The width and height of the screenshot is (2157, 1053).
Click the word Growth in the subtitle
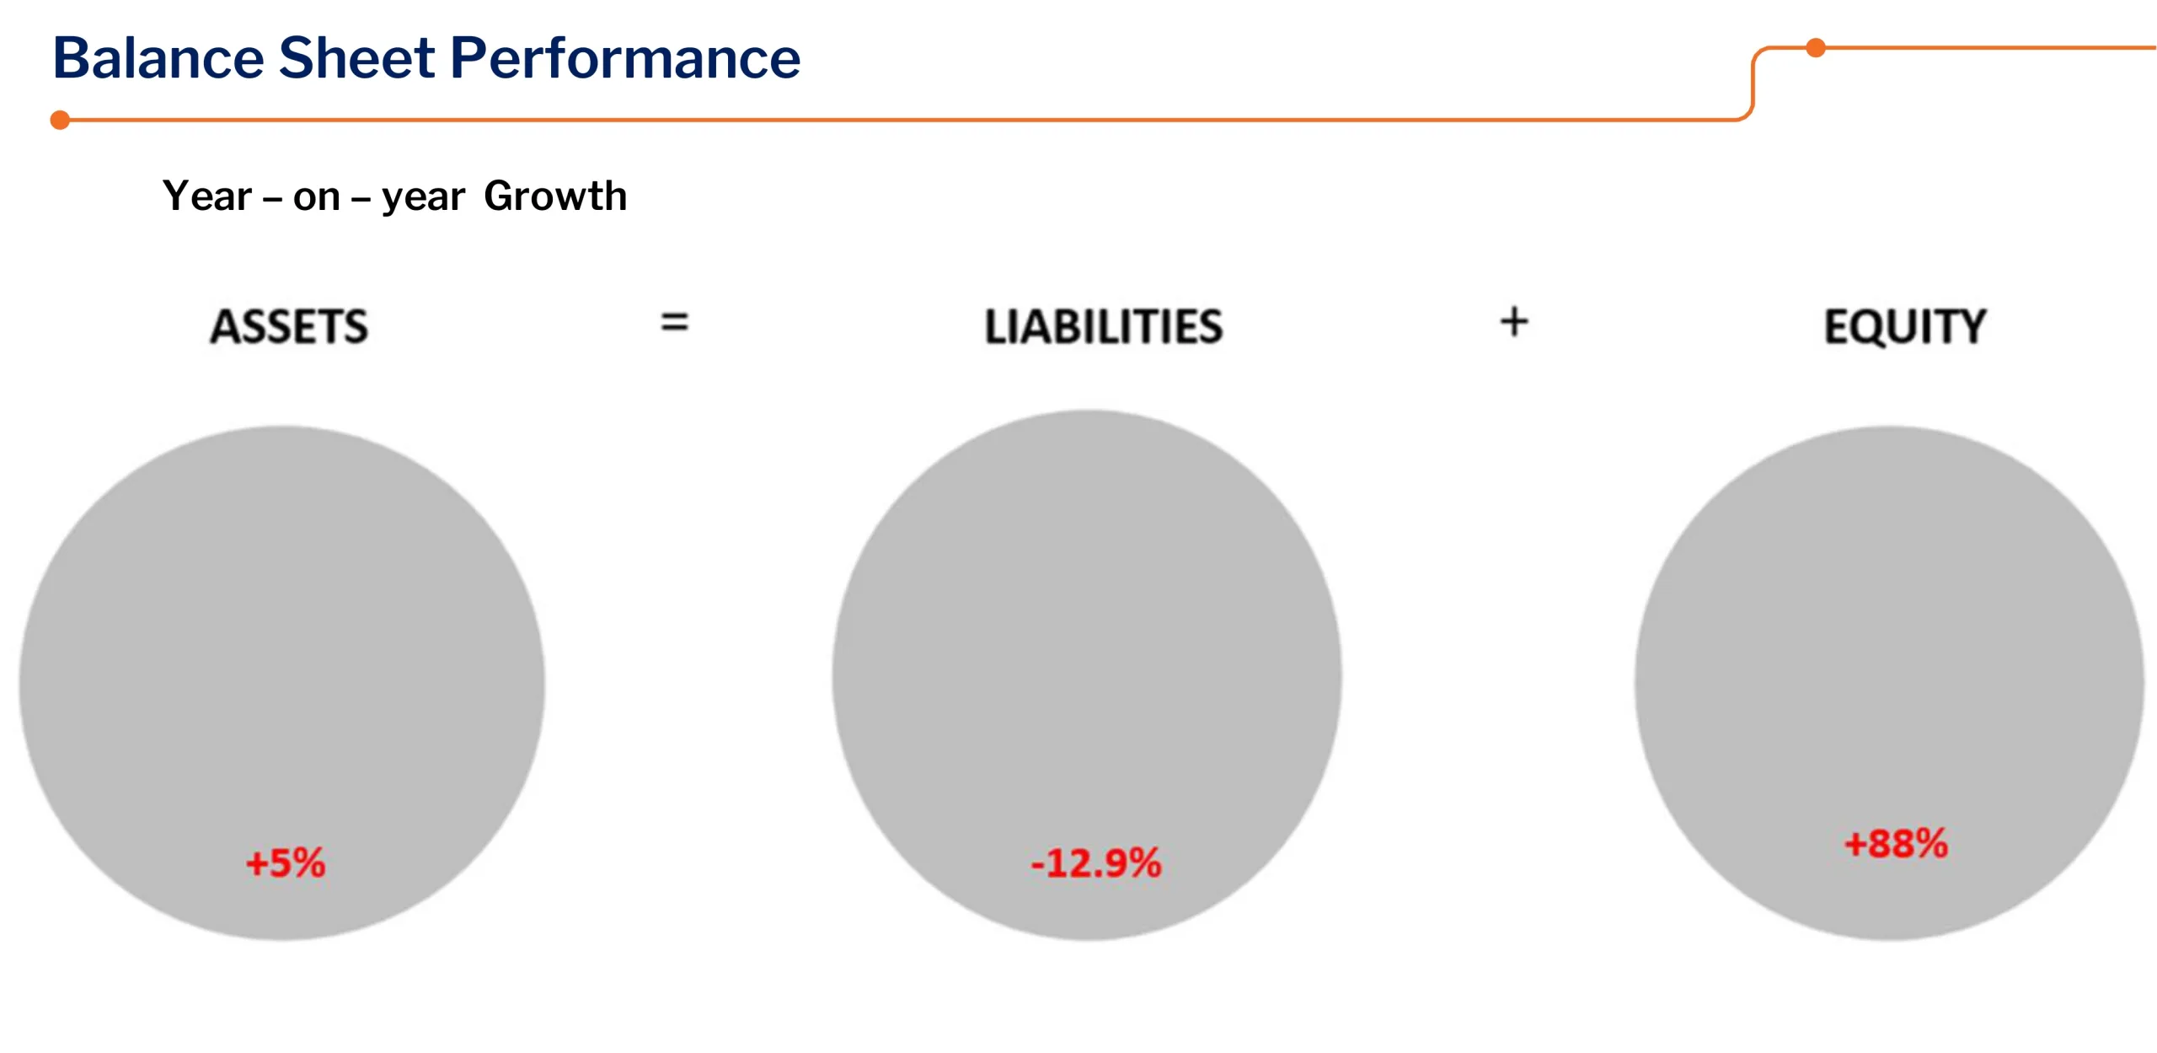point(555,196)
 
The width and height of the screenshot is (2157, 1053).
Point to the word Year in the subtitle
point(207,196)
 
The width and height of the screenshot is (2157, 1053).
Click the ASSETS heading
point(289,326)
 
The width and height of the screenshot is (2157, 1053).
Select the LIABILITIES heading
point(1104,326)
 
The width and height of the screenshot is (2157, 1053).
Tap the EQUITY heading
point(1905,326)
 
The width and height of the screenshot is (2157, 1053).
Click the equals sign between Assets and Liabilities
point(674,322)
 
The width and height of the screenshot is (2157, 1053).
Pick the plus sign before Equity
point(1514,322)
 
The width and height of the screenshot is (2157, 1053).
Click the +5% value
point(286,863)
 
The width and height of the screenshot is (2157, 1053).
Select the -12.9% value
point(1096,863)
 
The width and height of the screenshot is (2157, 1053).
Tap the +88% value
point(1897,843)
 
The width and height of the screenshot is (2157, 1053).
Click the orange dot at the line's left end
point(60,120)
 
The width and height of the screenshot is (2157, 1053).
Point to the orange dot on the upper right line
point(1816,48)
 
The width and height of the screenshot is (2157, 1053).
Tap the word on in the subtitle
point(317,199)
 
